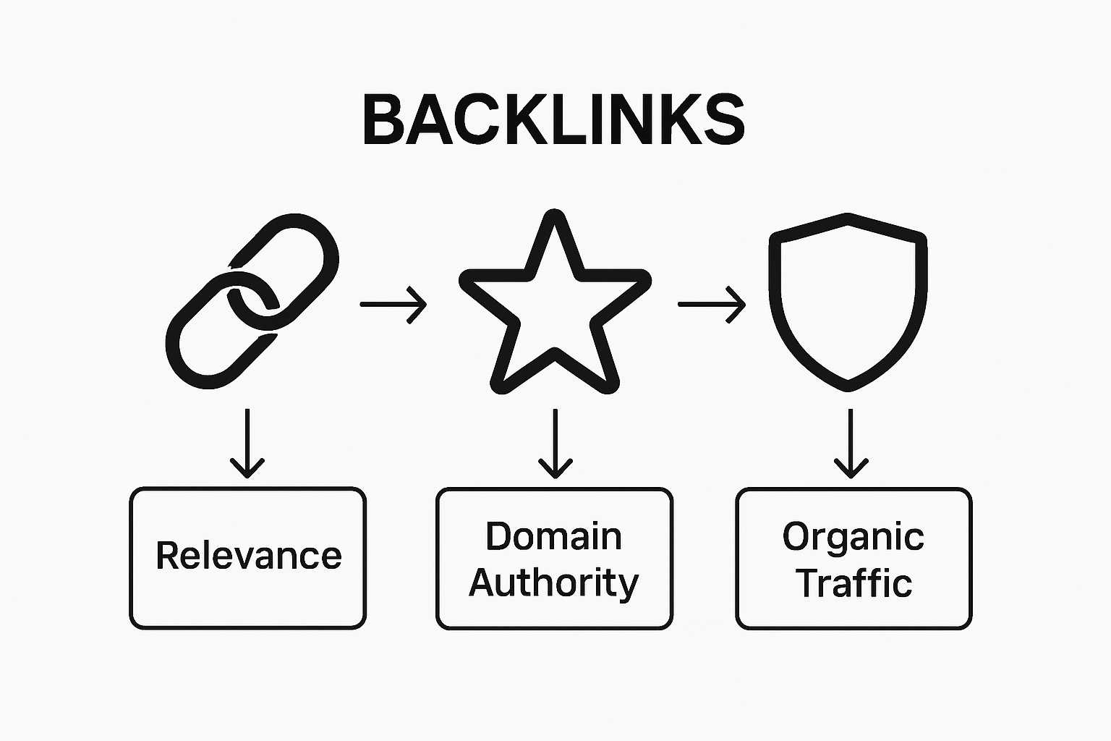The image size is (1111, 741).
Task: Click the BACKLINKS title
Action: pyautogui.click(x=553, y=120)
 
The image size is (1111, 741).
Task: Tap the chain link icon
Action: pyautogui.click(x=252, y=301)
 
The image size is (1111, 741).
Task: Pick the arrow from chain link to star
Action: pyautogui.click(x=393, y=305)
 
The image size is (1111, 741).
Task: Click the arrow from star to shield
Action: pyautogui.click(x=712, y=305)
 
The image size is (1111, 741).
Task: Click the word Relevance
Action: pyautogui.click(x=248, y=556)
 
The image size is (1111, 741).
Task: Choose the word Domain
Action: pyautogui.click(x=553, y=536)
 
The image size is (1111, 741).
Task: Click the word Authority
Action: pyautogui.click(x=553, y=583)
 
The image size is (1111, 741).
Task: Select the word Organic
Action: pyautogui.click(x=853, y=536)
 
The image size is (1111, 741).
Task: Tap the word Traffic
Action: pyautogui.click(x=854, y=583)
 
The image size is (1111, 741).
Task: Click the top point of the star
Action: pyautogui.click(x=555, y=215)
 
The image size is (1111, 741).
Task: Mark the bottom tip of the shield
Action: pyautogui.click(x=848, y=386)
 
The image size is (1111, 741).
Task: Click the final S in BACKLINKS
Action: pyautogui.click(x=724, y=120)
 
